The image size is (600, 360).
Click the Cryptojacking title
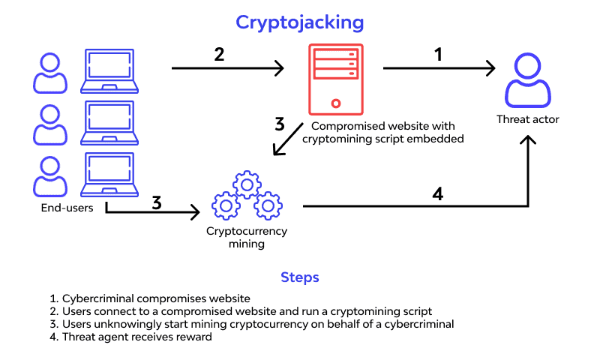pos(299,22)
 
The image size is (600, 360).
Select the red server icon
pos(335,79)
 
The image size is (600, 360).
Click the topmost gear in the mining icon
pos(245,184)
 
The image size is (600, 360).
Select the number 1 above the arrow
pos(438,55)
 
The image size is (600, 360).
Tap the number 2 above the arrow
pos(219,55)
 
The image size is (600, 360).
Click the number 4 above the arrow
pos(437,193)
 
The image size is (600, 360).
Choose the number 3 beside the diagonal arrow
pos(279,124)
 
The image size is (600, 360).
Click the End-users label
pos(67,208)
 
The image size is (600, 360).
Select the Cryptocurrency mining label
pos(247,237)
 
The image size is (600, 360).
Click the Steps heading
pos(299,277)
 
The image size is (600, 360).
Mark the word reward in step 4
pos(196,337)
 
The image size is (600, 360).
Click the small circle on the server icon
pos(335,103)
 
